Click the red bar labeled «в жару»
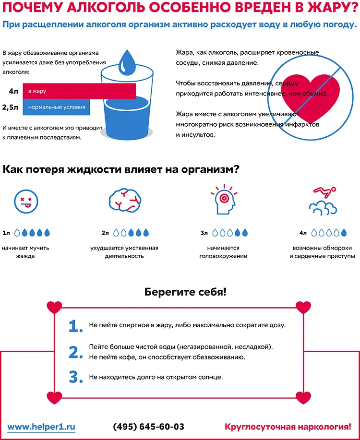coord(79,91)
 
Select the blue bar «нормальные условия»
coord(56,107)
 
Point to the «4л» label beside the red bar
coord(13,91)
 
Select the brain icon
coord(124,201)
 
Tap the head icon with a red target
coord(224,200)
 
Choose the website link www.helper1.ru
coord(41,427)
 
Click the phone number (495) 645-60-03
coord(148,427)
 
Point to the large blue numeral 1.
coord(75,326)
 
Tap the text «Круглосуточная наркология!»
coord(288,427)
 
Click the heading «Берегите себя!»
coord(185,292)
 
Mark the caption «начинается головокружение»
coord(223,252)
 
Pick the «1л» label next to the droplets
coord(6,233)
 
